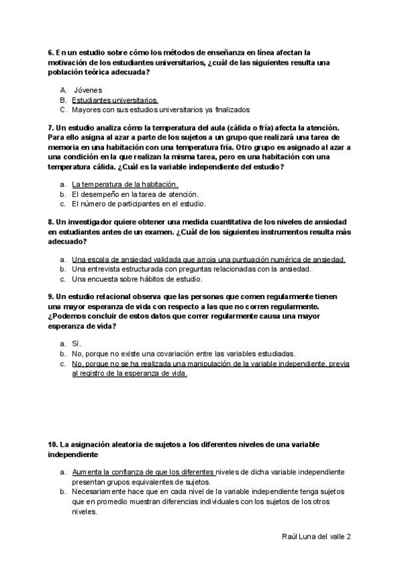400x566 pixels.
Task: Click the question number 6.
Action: click(51, 52)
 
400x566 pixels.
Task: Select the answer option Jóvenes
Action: click(88, 89)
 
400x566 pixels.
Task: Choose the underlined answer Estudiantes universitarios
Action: click(115, 99)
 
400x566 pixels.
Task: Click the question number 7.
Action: click(51, 127)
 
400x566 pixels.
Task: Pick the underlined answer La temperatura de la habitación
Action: click(125, 184)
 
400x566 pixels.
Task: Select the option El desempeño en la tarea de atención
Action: click(135, 194)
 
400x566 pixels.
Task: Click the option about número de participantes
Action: click(138, 204)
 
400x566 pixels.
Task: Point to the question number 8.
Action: click(51, 222)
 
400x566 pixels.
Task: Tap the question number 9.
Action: click(51, 296)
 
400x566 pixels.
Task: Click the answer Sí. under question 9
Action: click(75, 344)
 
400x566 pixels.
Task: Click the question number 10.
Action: click(53, 443)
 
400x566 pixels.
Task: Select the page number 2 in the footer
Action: click(349, 536)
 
